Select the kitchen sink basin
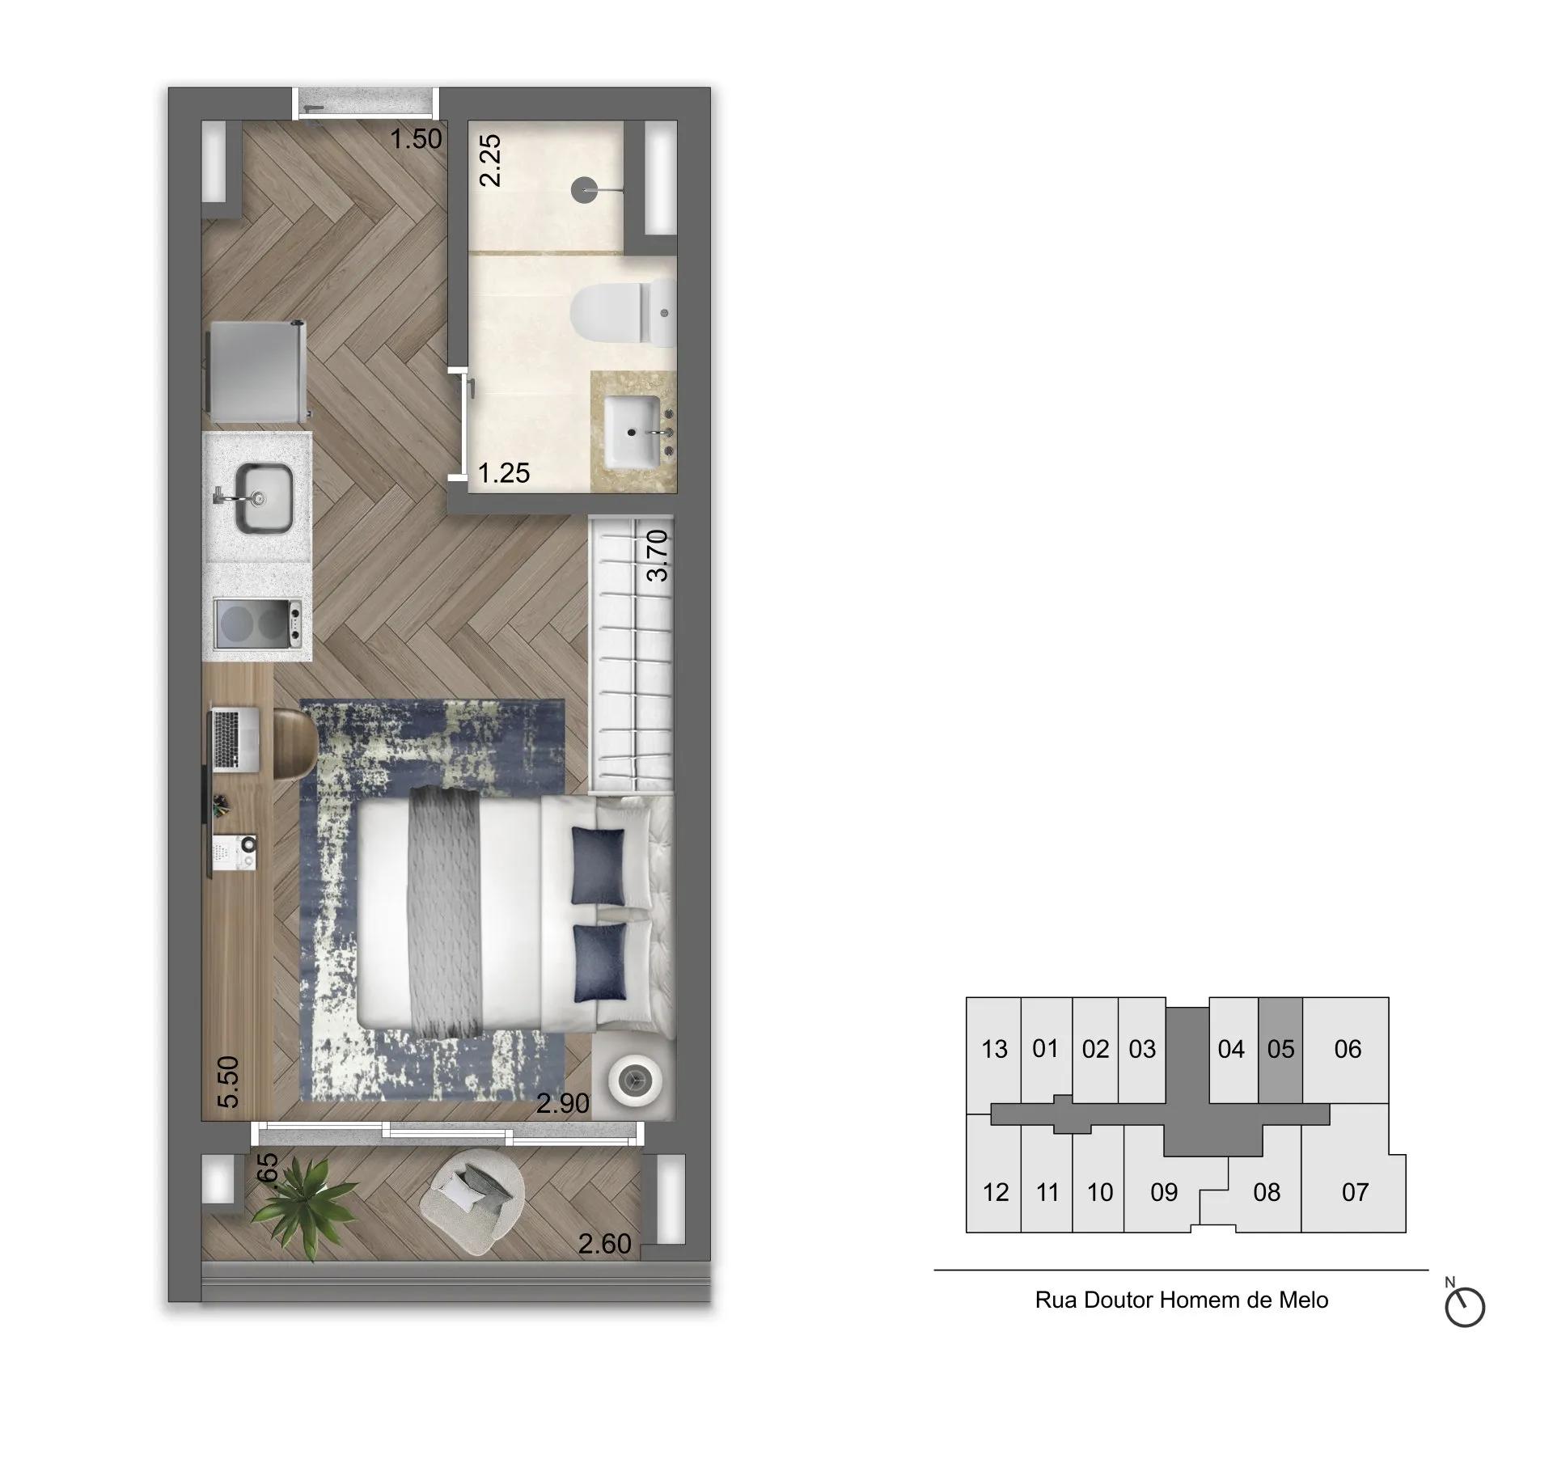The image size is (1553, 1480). pyautogui.click(x=263, y=498)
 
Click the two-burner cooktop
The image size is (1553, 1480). pyautogui.click(x=258, y=623)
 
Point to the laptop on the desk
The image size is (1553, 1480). pyautogui.click(x=235, y=738)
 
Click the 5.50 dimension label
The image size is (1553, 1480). pyautogui.click(x=230, y=1082)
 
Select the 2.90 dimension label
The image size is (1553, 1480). pyautogui.click(x=563, y=1103)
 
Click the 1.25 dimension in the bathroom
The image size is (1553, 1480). pyautogui.click(x=504, y=472)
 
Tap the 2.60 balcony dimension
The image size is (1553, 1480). pyautogui.click(x=604, y=1243)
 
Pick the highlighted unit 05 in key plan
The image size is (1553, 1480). pyautogui.click(x=1280, y=1050)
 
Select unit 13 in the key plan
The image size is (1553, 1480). pyautogui.click(x=994, y=1050)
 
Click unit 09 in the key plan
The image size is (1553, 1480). pyautogui.click(x=1163, y=1192)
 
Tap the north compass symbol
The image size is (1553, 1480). pyautogui.click(x=1464, y=1307)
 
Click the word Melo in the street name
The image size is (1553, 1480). pyautogui.click(x=1303, y=1300)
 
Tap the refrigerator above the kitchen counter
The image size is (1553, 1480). pyautogui.click(x=255, y=370)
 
